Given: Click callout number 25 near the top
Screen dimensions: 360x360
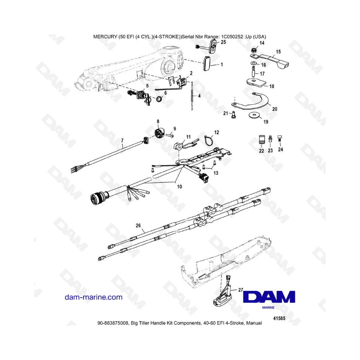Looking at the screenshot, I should pos(223,42).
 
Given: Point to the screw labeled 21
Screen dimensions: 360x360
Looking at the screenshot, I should pos(233,114).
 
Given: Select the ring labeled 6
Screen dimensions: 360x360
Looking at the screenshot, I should pos(158,99).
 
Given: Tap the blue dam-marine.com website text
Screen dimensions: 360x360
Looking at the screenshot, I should pos(93,297).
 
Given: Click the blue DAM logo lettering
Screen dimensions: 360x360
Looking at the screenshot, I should pos(269,297).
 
